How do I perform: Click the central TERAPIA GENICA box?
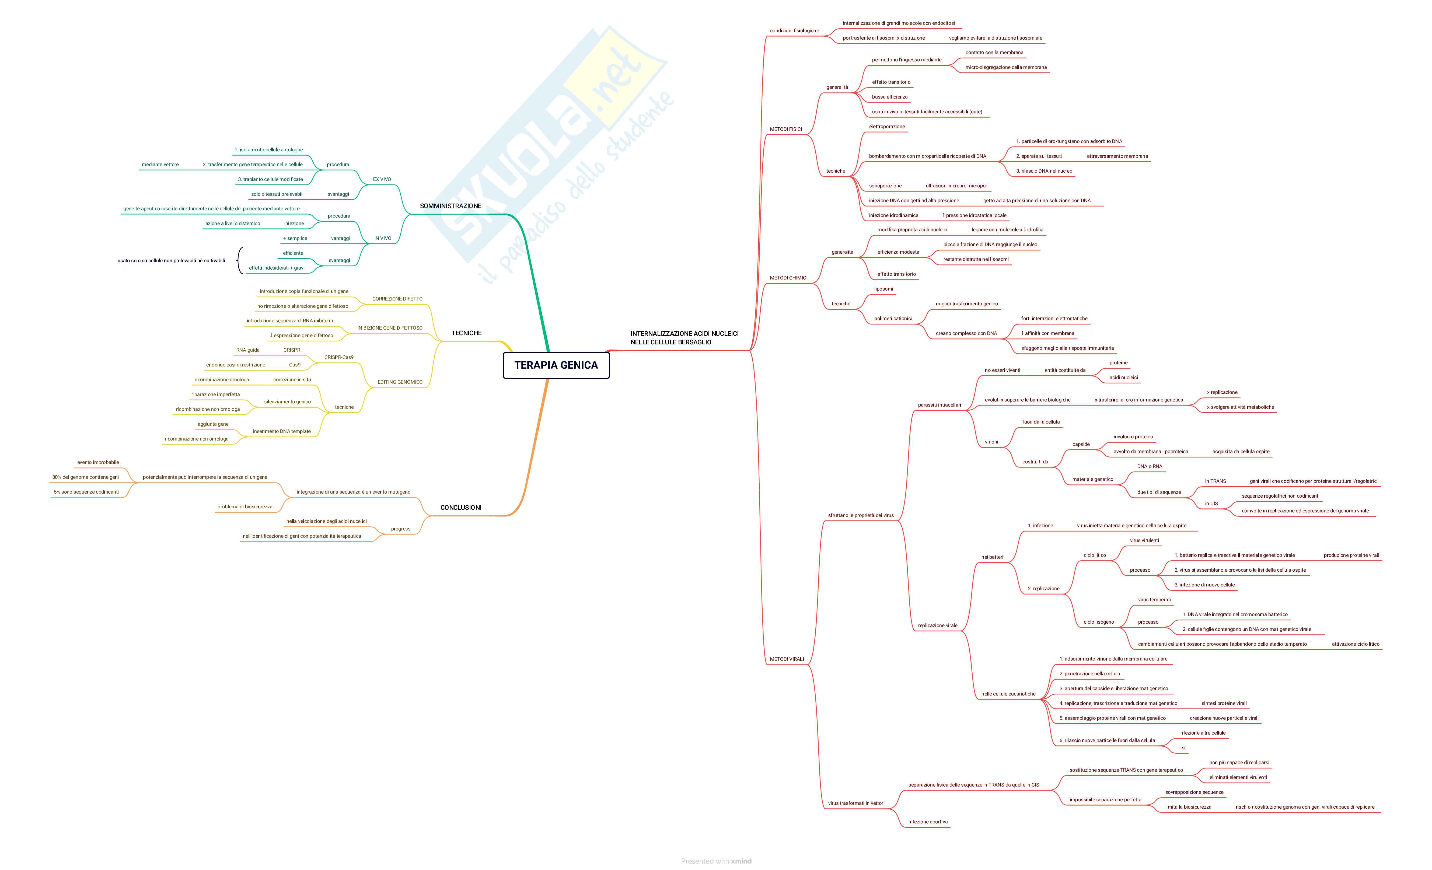pos(556,365)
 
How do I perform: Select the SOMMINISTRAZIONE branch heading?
pos(450,206)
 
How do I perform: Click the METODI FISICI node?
pos(786,129)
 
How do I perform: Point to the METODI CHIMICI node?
pos(789,278)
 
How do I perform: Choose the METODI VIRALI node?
pos(787,659)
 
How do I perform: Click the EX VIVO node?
pos(382,179)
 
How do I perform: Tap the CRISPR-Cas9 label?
pos(339,357)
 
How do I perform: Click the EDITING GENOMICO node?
pos(400,382)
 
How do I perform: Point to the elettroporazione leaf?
pos(887,127)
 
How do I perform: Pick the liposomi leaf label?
pos(883,289)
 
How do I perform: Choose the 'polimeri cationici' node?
pos(893,319)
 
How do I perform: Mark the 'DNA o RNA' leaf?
pos(1150,466)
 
